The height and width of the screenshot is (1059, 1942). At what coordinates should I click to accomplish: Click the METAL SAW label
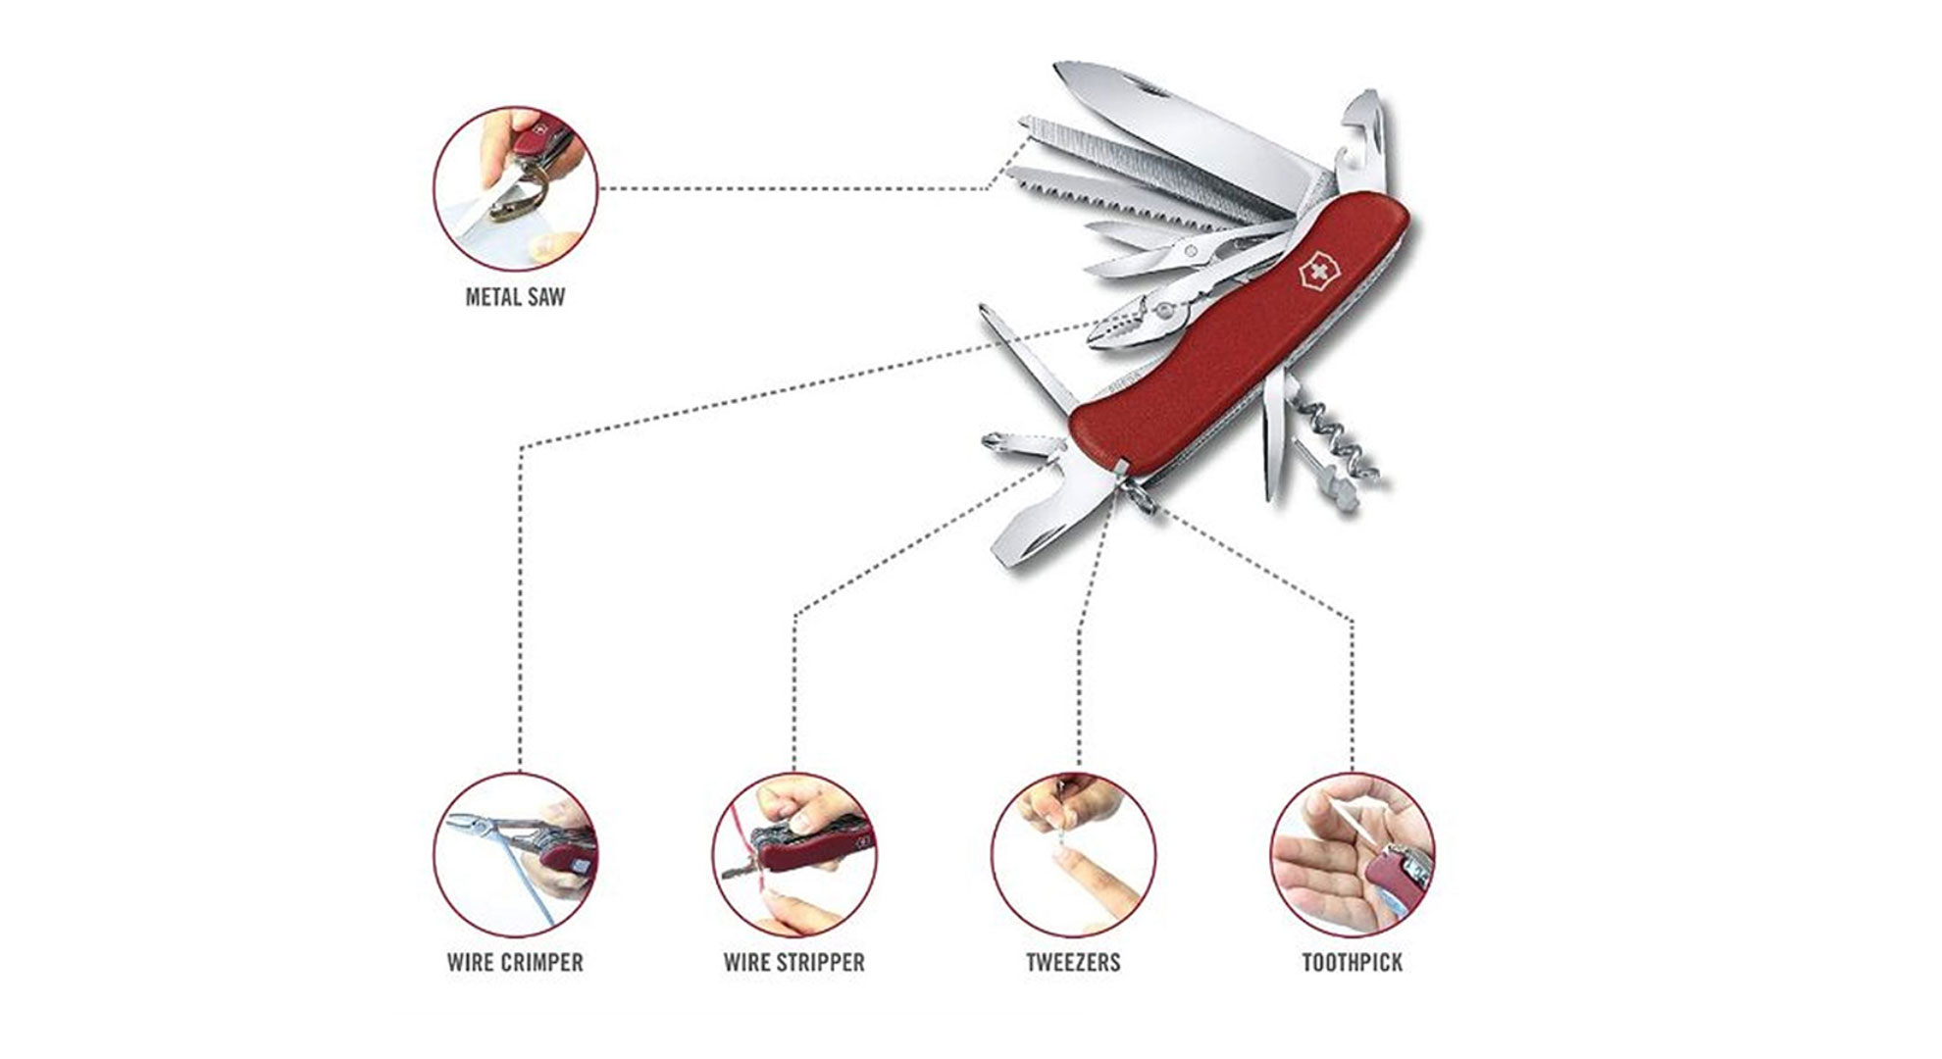[515, 296]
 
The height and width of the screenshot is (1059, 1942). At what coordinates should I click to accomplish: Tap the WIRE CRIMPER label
[515, 962]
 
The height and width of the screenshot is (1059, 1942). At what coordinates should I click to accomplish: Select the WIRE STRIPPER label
[794, 962]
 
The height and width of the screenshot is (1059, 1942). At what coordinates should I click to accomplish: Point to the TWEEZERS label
[1073, 962]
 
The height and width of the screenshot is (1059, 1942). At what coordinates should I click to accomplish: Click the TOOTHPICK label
[1352, 962]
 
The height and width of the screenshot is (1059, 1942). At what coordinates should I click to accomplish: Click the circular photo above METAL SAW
[516, 188]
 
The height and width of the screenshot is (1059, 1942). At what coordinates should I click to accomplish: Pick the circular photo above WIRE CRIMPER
[516, 854]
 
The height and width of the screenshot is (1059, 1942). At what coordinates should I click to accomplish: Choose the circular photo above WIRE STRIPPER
[794, 854]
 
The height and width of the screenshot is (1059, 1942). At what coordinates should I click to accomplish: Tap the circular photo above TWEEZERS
[1073, 854]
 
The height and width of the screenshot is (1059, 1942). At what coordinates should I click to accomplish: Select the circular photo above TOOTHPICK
[1352, 854]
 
